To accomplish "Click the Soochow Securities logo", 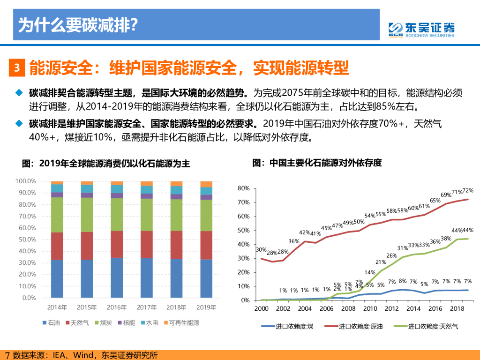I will tap(421, 30).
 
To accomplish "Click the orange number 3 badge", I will tap(16, 67).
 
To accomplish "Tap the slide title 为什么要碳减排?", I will tap(78, 24).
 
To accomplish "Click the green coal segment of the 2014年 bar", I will tap(57, 214).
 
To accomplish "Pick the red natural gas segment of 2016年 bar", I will tap(116, 244).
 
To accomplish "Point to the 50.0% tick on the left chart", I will tap(26, 240).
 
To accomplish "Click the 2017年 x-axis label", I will tap(146, 307).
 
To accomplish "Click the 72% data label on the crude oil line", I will tap(467, 191).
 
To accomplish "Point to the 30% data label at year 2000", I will tap(261, 250).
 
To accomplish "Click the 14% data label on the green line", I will tap(369, 272).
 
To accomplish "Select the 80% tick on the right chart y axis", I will tap(243, 188).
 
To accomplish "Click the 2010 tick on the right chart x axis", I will tap(370, 308).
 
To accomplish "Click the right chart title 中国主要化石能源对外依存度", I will tap(317, 163).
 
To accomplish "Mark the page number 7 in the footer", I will tap(7, 355).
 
